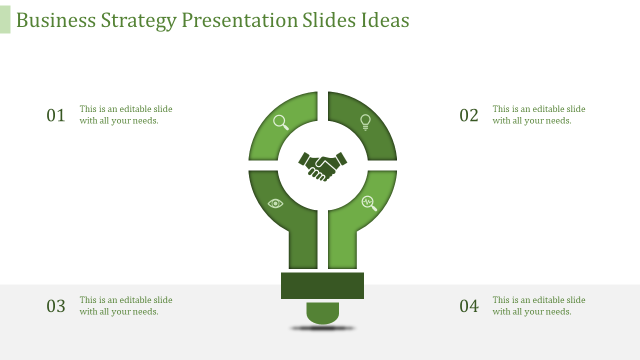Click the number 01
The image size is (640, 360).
[56, 115]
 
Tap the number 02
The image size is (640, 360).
[469, 115]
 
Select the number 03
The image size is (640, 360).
[56, 306]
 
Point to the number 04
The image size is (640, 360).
[469, 306]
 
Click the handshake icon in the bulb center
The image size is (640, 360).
[322, 165]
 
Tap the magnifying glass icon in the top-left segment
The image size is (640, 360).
[281, 122]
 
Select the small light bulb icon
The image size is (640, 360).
[365, 122]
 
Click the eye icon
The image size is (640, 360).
[275, 203]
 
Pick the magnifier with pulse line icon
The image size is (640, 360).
[369, 203]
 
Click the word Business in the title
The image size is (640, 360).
[56, 20]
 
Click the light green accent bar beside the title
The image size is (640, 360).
[5, 19]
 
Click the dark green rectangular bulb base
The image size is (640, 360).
[322, 285]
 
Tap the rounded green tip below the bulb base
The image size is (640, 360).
[322, 312]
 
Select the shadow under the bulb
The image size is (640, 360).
[322, 328]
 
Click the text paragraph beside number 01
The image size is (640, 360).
[126, 115]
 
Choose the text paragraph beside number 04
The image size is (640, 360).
[538, 306]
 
